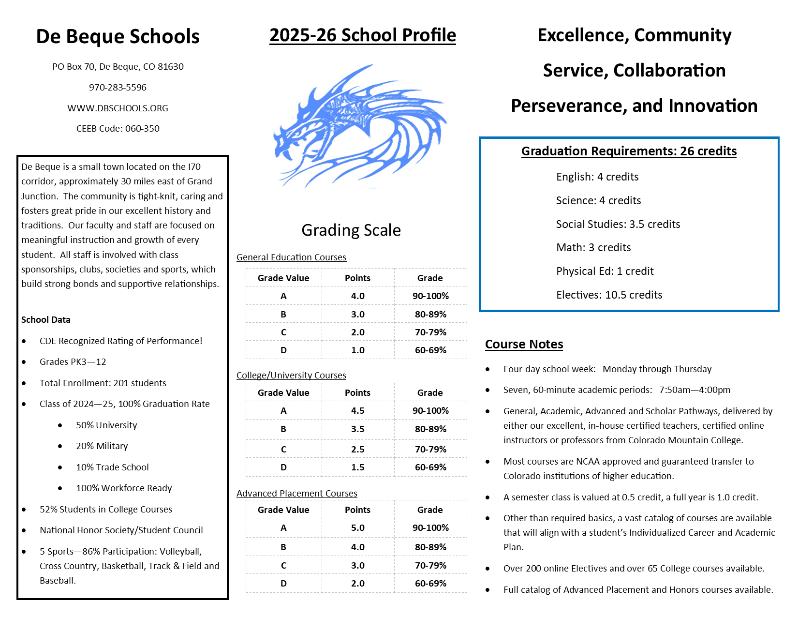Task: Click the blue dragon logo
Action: (360, 126)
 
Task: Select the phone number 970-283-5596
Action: (118, 88)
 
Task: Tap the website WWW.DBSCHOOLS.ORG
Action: (118, 108)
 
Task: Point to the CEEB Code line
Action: (118, 129)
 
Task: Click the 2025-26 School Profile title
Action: (362, 35)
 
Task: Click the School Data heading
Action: (46, 320)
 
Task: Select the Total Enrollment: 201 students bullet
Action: (103, 383)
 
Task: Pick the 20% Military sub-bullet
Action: (102, 446)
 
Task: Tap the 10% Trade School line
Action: (112, 467)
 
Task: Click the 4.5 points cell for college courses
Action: (357, 411)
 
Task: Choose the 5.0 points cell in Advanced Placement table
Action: (357, 528)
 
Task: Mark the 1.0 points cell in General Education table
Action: (357, 350)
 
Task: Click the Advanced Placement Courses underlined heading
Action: (296, 494)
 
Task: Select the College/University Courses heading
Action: (291, 376)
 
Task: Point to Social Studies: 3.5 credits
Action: (618, 225)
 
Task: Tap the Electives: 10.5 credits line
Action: (609, 295)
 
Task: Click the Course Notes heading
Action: (524, 345)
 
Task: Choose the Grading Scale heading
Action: (351, 230)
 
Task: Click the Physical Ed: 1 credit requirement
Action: (605, 271)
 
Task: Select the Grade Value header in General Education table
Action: (283, 278)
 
